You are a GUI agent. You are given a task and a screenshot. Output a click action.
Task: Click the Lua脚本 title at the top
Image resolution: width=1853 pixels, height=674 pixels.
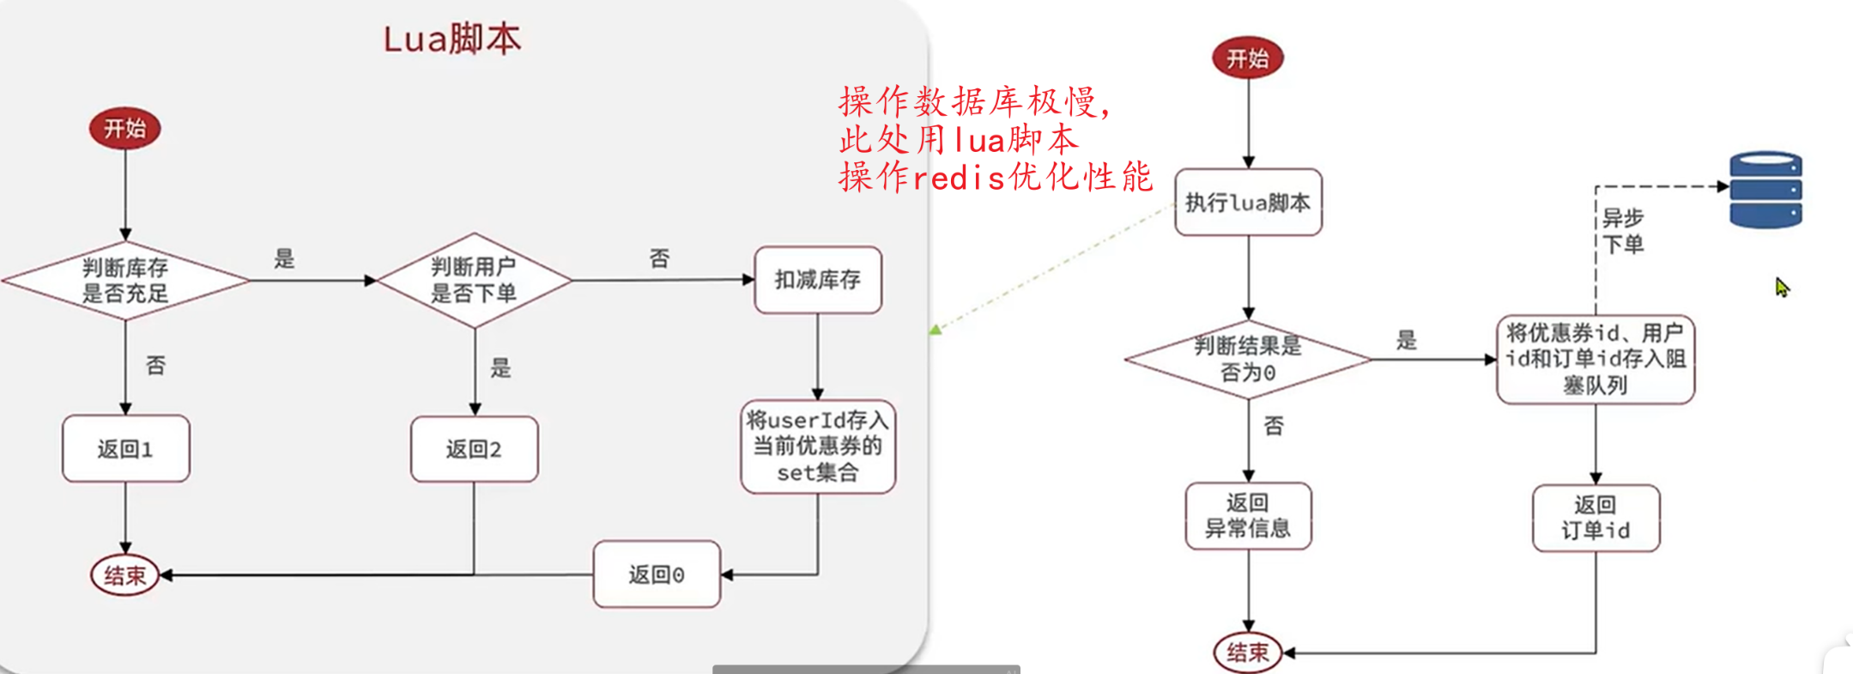451,39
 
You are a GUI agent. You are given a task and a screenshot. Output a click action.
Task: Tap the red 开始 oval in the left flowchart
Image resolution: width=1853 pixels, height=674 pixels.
125,129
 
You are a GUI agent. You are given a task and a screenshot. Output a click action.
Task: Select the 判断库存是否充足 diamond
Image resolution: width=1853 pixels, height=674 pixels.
125,281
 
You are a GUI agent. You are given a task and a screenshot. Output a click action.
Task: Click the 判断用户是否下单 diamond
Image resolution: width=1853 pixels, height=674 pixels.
474,281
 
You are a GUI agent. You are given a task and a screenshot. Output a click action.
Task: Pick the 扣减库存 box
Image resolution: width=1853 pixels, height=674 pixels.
818,280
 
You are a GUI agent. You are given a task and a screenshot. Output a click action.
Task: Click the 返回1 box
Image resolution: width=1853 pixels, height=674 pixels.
125,448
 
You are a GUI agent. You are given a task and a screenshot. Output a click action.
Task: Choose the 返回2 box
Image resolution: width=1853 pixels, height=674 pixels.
474,449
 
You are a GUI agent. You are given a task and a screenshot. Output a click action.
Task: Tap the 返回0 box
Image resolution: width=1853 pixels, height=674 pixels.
657,574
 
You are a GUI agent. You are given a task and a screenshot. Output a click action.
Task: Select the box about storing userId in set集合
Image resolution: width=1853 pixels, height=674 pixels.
818,446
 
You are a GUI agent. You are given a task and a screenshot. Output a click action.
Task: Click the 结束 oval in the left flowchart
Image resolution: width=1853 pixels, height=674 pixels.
125,575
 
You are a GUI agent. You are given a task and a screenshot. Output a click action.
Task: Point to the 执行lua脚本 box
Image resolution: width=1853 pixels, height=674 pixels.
1248,203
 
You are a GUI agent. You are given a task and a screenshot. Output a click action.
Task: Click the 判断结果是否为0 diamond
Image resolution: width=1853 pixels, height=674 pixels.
1248,360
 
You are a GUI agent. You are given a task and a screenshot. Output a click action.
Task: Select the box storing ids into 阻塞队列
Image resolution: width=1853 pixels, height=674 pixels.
1596,359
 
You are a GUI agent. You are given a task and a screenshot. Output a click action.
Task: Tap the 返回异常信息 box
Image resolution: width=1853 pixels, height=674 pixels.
1248,515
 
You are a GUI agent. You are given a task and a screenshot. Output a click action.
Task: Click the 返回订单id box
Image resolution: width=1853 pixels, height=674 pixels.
1596,518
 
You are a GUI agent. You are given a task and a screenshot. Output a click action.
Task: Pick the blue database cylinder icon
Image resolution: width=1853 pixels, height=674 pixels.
1765,190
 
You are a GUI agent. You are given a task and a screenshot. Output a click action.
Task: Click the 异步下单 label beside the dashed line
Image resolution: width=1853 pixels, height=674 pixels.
1623,231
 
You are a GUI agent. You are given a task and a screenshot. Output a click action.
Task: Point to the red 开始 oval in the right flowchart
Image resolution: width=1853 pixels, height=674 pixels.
1248,58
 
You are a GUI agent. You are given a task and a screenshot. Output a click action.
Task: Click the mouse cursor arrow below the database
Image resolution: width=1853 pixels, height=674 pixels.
1782,287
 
